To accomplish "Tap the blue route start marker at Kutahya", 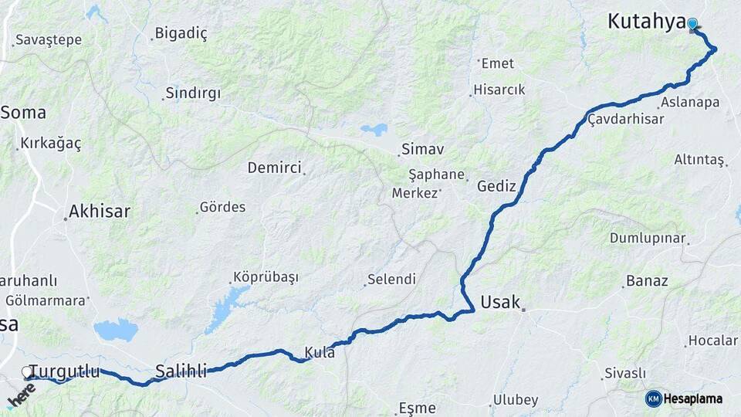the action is (x=692, y=24).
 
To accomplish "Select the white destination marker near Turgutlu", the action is (x=28, y=372).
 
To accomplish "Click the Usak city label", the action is (x=500, y=302).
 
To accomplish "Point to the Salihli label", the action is (x=181, y=371).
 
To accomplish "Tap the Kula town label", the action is (x=320, y=352).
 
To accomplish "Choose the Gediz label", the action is (x=496, y=186).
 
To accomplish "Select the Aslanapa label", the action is (x=689, y=103).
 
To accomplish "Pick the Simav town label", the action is (x=422, y=149).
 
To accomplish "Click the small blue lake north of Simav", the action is (x=374, y=129).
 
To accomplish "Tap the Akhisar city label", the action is (x=100, y=211).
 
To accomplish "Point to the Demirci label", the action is (x=274, y=168).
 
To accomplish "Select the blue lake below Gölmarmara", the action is (x=116, y=331).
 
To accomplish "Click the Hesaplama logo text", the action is (x=693, y=398).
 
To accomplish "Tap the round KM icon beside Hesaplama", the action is (x=653, y=398).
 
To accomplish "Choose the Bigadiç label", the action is (x=181, y=33).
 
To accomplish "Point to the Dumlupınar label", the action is (x=648, y=238).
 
